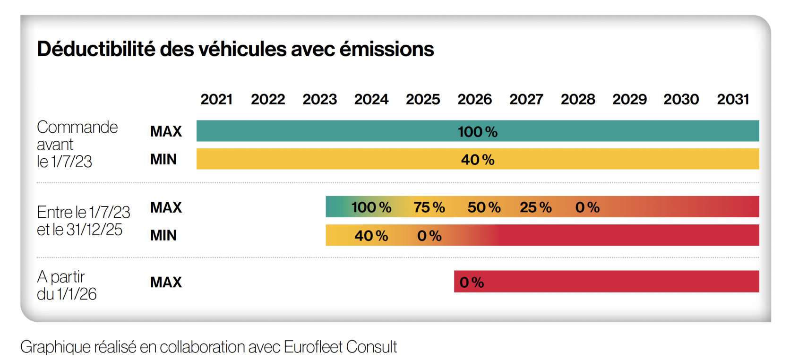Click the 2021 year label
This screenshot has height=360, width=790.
(216, 99)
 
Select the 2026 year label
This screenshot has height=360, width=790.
(474, 99)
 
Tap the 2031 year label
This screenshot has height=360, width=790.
(733, 99)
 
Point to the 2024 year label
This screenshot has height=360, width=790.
(371, 99)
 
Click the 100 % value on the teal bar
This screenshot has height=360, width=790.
(477, 132)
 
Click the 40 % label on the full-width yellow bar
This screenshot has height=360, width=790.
(477, 160)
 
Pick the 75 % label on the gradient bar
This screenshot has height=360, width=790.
(429, 207)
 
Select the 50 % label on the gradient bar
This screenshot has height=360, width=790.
(484, 207)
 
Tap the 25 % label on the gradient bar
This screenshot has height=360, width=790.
(535, 207)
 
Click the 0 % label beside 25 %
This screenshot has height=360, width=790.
(587, 207)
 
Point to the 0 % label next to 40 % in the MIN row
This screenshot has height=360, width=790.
(429, 236)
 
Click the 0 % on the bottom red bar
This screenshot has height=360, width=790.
(472, 283)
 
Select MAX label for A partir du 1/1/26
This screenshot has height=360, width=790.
(166, 283)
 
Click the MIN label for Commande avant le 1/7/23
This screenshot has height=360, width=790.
(163, 160)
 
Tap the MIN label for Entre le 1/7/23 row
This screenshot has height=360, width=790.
(163, 235)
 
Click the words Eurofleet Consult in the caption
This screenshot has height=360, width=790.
(340, 347)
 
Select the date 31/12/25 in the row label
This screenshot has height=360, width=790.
(94, 230)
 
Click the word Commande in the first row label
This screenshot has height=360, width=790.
(77, 127)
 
